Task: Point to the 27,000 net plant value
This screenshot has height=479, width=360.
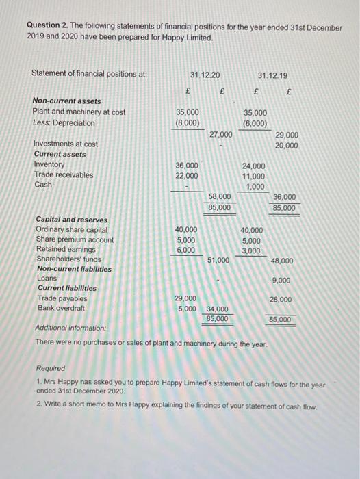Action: (220, 135)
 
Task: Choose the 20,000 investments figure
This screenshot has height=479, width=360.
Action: (287, 145)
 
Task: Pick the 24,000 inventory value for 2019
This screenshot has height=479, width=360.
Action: (255, 165)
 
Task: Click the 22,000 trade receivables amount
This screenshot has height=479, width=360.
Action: (188, 175)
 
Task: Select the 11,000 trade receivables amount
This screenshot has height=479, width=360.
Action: (255, 175)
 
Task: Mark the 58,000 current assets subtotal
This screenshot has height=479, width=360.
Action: (220, 196)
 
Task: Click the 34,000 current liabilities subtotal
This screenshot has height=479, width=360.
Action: (218, 309)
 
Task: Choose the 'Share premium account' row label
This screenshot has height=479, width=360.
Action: (75, 240)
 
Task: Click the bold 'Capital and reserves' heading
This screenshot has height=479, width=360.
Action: (71, 220)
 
